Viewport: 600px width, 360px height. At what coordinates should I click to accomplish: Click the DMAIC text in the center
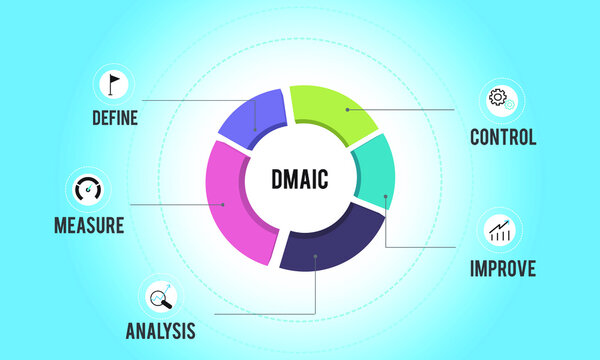(x=300, y=181)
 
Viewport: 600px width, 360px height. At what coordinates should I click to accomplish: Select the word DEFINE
(x=114, y=118)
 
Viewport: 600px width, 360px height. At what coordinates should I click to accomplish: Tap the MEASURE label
(x=89, y=225)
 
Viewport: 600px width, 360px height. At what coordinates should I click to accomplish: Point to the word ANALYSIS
(x=160, y=330)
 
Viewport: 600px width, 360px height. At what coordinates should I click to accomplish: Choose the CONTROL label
(x=503, y=137)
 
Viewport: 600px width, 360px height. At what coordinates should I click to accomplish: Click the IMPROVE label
(x=503, y=268)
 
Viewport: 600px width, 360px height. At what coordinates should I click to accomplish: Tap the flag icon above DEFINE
(x=114, y=83)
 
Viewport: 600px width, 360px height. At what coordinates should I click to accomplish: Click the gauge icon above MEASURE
(x=89, y=189)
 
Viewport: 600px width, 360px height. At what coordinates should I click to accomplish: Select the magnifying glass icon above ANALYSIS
(x=160, y=296)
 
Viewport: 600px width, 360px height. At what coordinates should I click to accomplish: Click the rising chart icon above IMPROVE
(x=499, y=232)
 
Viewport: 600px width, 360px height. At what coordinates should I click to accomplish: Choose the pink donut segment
(x=235, y=200)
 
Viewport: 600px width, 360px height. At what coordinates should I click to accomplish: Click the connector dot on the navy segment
(x=316, y=256)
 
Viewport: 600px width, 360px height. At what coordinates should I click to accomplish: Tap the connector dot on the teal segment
(x=385, y=197)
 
